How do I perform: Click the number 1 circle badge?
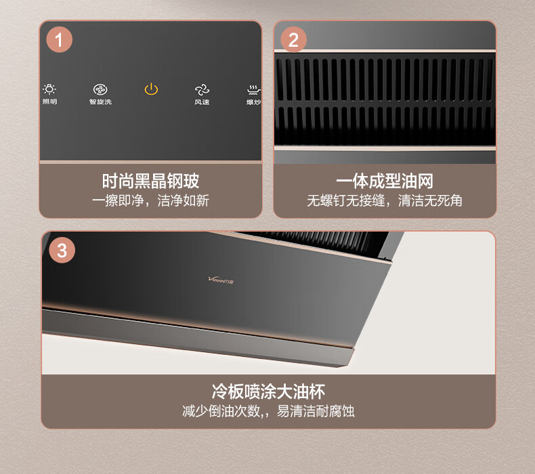click(x=60, y=39)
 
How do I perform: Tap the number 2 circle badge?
click(x=293, y=39)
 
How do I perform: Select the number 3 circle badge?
click(x=62, y=250)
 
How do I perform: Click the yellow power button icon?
click(x=151, y=89)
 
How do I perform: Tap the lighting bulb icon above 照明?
click(x=49, y=89)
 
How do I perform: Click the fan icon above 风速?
click(x=202, y=90)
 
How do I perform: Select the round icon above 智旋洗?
click(x=100, y=89)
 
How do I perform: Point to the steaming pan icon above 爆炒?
click(x=254, y=90)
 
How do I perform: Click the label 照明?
click(x=50, y=102)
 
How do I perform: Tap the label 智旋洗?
click(x=100, y=102)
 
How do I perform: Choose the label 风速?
click(x=202, y=102)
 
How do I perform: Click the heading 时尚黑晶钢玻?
click(x=150, y=181)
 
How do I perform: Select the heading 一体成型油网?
click(x=385, y=181)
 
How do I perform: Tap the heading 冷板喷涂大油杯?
click(x=268, y=391)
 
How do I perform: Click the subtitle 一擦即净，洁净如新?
click(x=150, y=200)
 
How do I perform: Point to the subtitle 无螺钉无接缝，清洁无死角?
click(x=385, y=200)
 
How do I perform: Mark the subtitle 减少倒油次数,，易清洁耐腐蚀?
click(x=268, y=411)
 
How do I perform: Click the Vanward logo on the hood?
click(x=221, y=280)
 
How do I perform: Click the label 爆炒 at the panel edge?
click(x=254, y=102)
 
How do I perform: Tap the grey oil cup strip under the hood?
click(x=198, y=338)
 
